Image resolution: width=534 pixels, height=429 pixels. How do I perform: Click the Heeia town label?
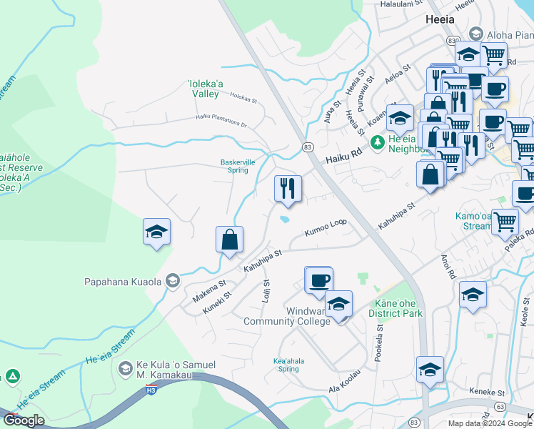pyautogui.click(x=439, y=19)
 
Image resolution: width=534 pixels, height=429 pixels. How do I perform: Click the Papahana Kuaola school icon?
pyautogui.click(x=172, y=281)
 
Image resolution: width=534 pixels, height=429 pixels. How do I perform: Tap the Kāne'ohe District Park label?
pyautogui.click(x=396, y=308)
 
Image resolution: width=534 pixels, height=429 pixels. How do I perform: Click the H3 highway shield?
pyautogui.click(x=151, y=388)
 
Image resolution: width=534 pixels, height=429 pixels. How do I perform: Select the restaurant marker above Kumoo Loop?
pyautogui.click(x=288, y=189)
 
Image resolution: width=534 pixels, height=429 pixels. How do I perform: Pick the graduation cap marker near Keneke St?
pyautogui.click(x=430, y=370)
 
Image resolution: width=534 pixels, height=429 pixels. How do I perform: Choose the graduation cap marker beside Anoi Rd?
pyautogui.click(x=473, y=295)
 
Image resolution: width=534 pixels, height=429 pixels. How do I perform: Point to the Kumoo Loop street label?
pyautogui.click(x=325, y=227)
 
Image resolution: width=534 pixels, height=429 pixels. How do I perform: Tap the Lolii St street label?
pyautogui.click(x=266, y=290)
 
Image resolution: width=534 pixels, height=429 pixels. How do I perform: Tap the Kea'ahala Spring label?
pyautogui.click(x=288, y=365)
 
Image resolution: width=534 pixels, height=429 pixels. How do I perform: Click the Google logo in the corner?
pyautogui.click(x=24, y=420)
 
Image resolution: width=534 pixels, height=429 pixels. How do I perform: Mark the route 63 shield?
pyautogui.click(x=499, y=405)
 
